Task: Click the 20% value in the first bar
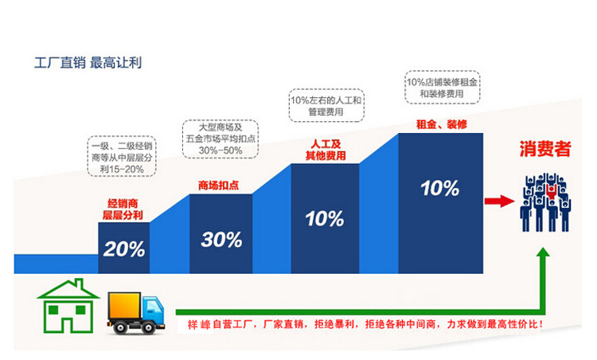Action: point(124,248)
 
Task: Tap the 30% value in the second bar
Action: point(221,238)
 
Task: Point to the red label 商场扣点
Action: point(220,186)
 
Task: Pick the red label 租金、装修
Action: point(440,124)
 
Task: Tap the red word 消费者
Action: point(545,147)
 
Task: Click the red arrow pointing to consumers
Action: point(497,202)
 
